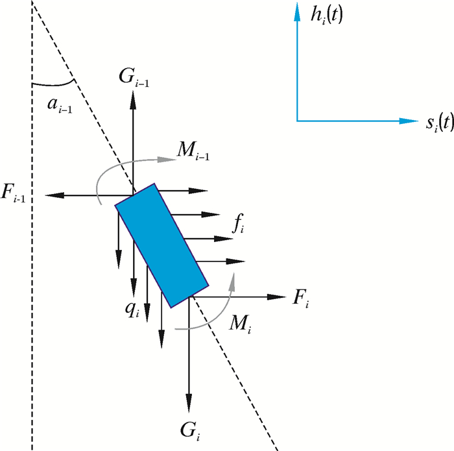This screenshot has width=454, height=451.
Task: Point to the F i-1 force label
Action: [x=17, y=195]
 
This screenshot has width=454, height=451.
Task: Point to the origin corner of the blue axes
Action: [x=296, y=121]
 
